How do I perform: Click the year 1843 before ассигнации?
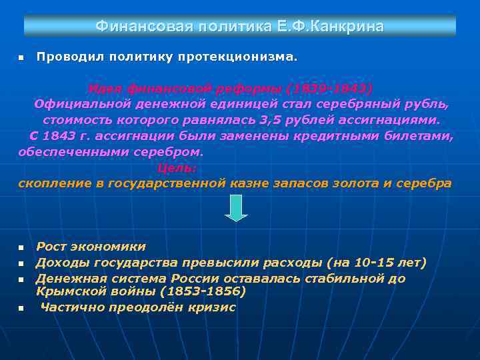[x=65, y=136]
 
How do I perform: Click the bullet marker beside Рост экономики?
[x=21, y=248]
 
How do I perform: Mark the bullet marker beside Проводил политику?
[x=21, y=58]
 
